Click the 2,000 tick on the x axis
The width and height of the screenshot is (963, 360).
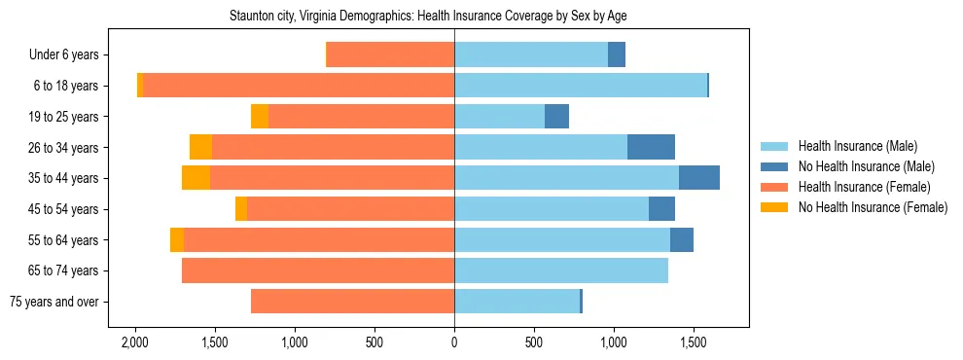pyautogui.click(x=134, y=343)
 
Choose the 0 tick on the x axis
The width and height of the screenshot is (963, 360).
pyautogui.click(x=454, y=343)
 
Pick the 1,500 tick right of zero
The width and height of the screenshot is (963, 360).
pyautogui.click(x=694, y=343)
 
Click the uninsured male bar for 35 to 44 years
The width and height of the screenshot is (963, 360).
pyautogui.click(x=699, y=178)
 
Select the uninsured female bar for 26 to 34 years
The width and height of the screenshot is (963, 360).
pyautogui.click(x=201, y=147)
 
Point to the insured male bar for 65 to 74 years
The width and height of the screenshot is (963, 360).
pyautogui.click(x=561, y=270)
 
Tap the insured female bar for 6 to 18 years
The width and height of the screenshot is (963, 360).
pyautogui.click(x=299, y=86)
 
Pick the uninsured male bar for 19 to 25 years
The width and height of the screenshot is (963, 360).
pyautogui.click(x=556, y=117)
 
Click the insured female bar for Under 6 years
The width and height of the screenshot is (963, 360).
pyautogui.click(x=391, y=55)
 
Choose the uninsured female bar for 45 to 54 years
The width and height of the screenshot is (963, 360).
pyautogui.click(x=241, y=209)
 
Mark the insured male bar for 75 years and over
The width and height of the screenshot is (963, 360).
pyautogui.click(x=517, y=302)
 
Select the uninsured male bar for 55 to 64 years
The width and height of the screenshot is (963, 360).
pyautogui.click(x=682, y=239)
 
